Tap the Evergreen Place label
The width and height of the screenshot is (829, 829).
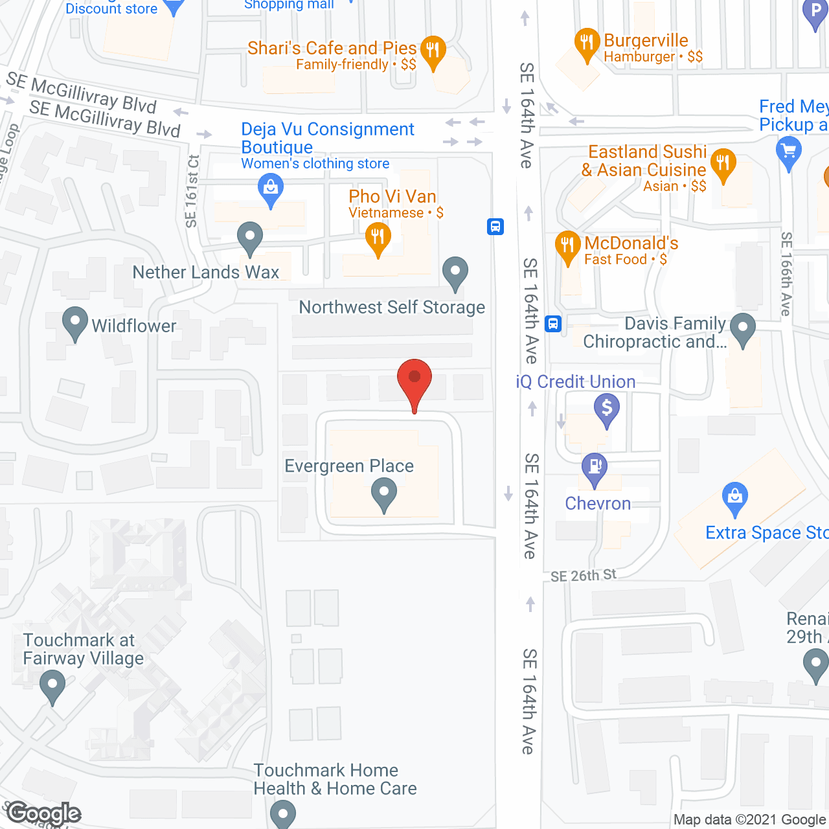(349, 466)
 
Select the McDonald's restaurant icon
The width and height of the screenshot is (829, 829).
(567, 245)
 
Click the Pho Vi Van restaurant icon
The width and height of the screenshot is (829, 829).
(378, 238)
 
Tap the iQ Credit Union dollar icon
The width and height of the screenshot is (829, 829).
(607, 409)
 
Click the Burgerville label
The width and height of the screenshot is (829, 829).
(646, 40)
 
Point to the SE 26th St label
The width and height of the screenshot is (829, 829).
(584, 575)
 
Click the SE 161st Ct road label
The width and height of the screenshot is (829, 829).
(192, 191)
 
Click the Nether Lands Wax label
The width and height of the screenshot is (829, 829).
(206, 272)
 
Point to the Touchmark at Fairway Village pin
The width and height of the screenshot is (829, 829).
(52, 685)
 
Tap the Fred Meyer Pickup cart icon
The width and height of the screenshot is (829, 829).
(788, 153)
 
